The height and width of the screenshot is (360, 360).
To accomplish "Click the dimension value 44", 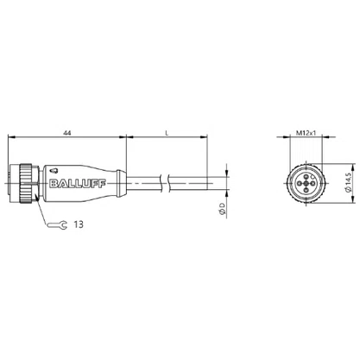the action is [x=67, y=133].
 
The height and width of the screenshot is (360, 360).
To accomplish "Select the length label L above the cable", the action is [x=167, y=133].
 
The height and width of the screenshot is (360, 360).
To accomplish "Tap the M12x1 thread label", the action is [x=306, y=133].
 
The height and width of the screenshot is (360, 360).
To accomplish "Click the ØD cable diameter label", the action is [x=222, y=209].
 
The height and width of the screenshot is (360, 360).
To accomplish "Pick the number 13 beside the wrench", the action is [x=79, y=224].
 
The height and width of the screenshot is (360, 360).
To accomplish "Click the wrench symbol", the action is [x=57, y=224].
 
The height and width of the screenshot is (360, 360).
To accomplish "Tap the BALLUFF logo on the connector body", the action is [x=78, y=184].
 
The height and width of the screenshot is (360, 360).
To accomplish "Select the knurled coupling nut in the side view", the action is [x=26, y=183].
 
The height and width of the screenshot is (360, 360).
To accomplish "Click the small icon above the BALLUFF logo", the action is [x=54, y=171].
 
